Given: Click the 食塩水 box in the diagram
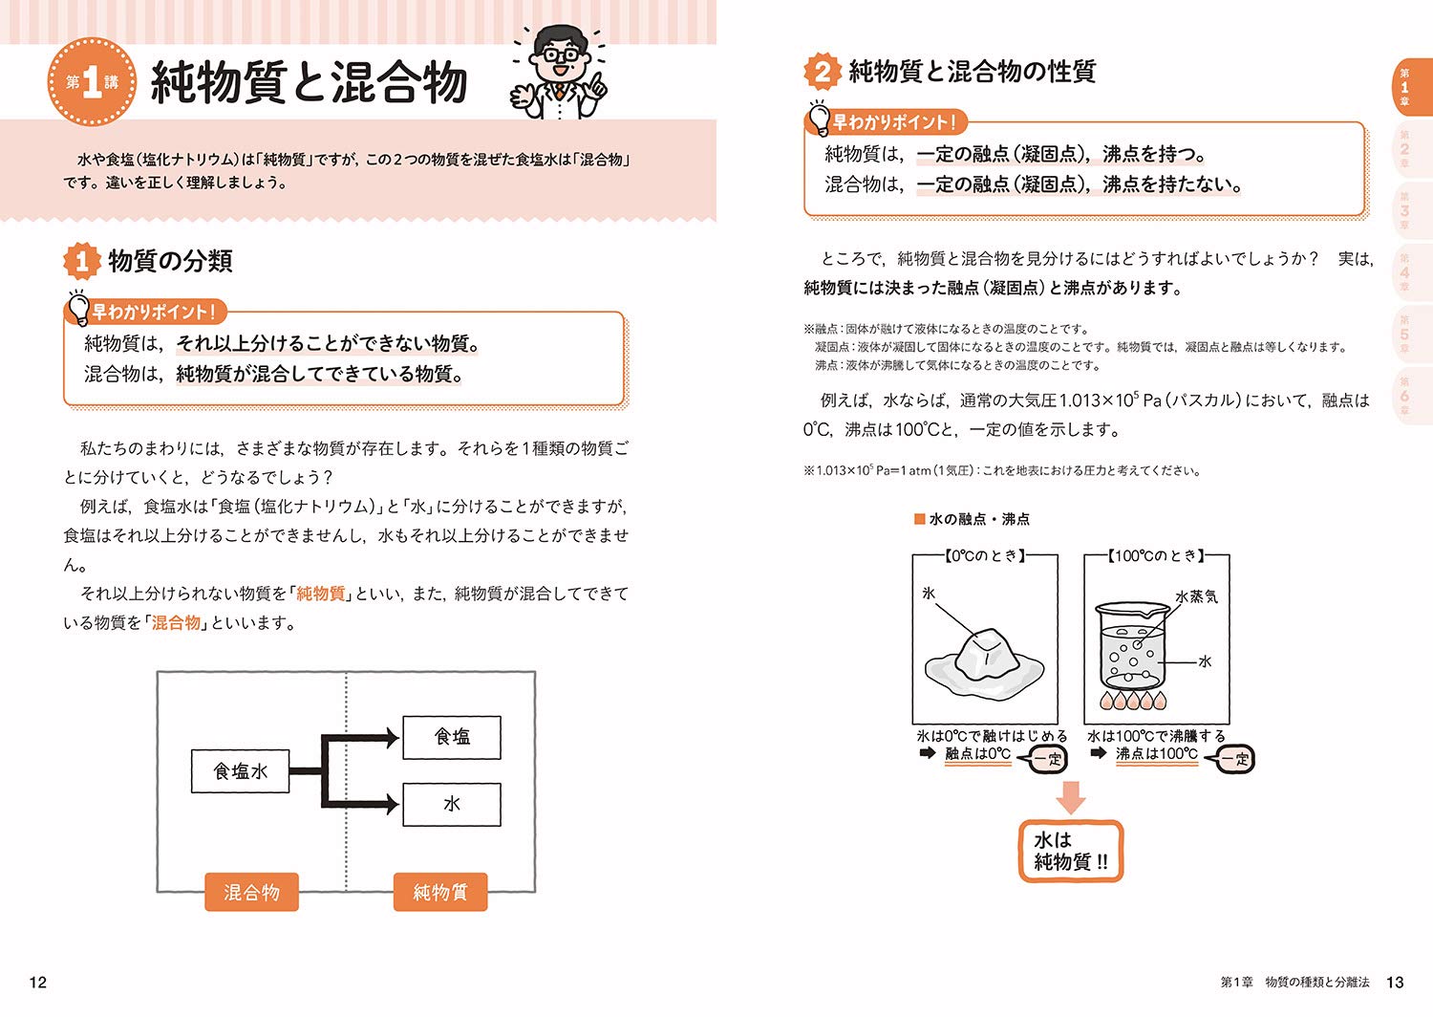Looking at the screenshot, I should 240,771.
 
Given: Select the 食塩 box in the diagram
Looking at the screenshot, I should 452,737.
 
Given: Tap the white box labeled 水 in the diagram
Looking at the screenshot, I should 452,804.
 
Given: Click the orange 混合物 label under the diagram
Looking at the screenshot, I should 251,892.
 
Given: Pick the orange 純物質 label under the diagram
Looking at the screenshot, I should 440,892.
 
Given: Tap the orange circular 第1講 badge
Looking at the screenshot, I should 92,82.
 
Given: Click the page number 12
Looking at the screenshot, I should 38,982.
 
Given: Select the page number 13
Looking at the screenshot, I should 1395,982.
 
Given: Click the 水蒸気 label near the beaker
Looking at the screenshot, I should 1196,596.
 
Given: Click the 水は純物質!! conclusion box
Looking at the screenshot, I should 1070,851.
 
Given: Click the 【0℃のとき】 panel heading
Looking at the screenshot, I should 985,555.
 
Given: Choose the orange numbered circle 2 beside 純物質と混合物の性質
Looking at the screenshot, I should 822,72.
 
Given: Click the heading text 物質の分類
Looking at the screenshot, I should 170,261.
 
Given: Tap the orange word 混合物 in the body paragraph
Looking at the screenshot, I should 177,623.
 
